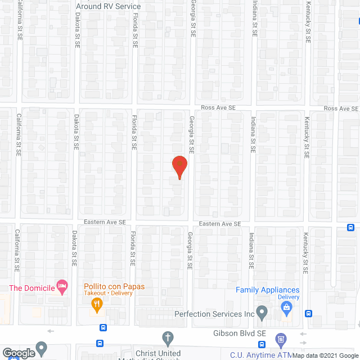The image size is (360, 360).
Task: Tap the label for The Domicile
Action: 31,287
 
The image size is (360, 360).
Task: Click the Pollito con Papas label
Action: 114,286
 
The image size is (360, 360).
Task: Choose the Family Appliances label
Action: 267,290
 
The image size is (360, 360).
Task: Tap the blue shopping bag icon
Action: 286,308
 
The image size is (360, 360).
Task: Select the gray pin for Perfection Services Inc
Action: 262,311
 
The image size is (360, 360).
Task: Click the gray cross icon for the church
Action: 167,339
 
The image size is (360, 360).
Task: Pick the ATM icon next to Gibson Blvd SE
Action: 281,339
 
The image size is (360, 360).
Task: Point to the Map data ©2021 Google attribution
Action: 325,355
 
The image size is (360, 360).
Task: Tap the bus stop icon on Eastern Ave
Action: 350,228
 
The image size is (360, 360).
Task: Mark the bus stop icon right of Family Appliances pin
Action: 308,314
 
